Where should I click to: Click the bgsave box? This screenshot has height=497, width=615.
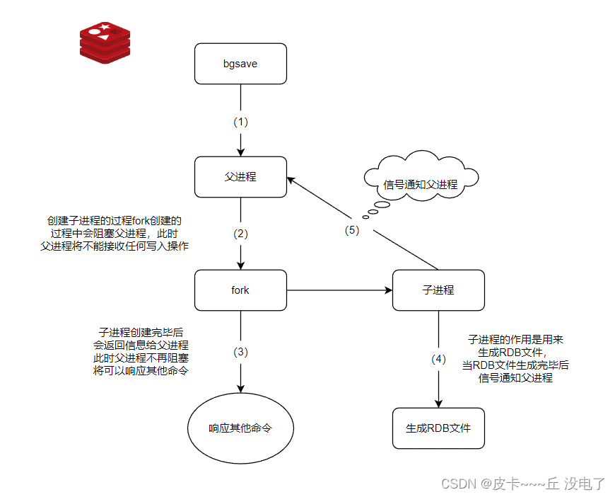240,64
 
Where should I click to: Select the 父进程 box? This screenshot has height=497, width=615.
240,176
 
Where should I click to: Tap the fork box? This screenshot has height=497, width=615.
240,290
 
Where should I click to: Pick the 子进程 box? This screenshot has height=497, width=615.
438,290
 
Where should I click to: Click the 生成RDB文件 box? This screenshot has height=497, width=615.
438,428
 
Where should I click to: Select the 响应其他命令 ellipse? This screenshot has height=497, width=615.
240,428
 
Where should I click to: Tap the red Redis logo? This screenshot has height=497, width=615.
105,42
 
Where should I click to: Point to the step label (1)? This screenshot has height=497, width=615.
241,121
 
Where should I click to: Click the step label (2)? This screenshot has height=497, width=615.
241,234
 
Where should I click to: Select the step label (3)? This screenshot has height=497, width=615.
241,352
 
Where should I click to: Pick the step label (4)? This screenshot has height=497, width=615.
439,359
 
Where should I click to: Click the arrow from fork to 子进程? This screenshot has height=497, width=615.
339,290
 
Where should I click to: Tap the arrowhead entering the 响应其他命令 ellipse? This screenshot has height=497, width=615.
241,388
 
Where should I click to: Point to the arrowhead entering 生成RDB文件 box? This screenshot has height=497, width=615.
439,403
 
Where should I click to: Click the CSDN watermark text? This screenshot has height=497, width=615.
523,484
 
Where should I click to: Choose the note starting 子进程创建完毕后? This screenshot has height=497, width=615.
141,351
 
